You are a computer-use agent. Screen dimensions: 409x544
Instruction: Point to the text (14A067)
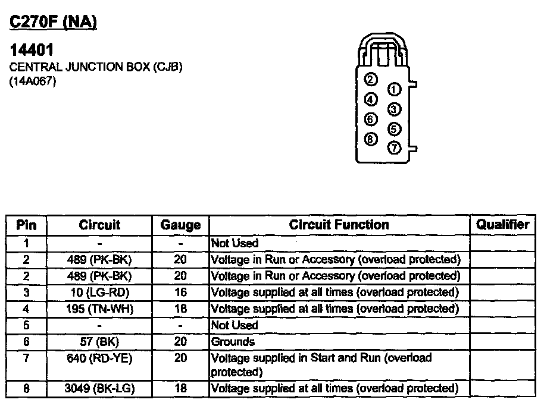pyautogui.click(x=33, y=82)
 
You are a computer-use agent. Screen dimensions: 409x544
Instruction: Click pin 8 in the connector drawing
pyautogui.click(x=370, y=139)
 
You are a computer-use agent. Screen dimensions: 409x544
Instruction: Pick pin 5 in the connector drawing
pyautogui.click(x=393, y=129)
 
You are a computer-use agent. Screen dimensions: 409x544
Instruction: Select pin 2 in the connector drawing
pyautogui.click(x=370, y=80)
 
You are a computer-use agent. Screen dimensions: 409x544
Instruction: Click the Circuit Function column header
pyautogui.click(x=339, y=225)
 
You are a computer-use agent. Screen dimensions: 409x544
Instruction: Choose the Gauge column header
pyautogui.click(x=180, y=225)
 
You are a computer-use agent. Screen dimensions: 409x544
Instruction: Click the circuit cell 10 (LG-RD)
pyautogui.click(x=99, y=292)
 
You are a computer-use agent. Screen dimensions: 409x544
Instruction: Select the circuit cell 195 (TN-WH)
pyautogui.click(x=99, y=309)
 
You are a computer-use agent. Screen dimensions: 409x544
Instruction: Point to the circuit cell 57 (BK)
pyautogui.click(x=99, y=341)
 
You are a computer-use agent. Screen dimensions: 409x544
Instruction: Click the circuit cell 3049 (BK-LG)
pyautogui.click(x=99, y=389)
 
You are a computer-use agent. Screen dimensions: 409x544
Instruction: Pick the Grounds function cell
pyautogui.click(x=233, y=341)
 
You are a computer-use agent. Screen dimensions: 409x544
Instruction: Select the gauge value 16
pyautogui.click(x=180, y=292)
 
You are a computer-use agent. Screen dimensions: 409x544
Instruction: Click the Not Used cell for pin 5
pyautogui.click(x=235, y=325)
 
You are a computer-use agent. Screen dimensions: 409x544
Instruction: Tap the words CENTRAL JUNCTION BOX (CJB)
pyautogui.click(x=96, y=67)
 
